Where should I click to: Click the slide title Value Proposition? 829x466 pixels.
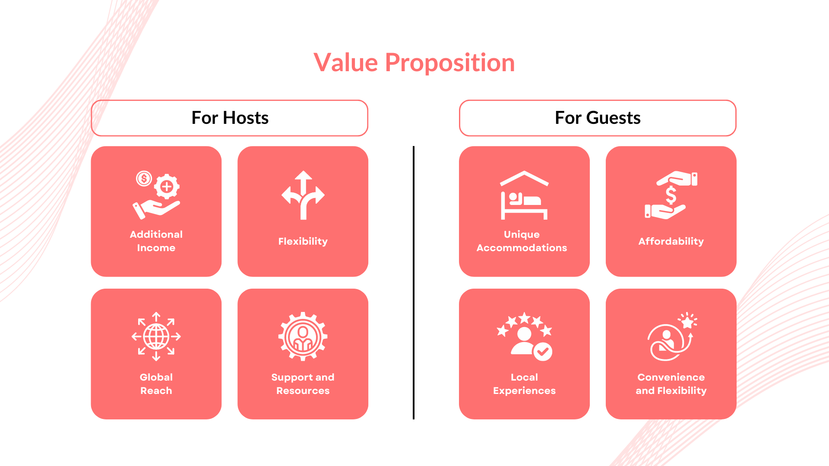click(414, 63)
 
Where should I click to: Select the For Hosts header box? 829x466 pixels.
click(230, 118)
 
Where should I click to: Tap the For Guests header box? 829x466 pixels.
click(598, 118)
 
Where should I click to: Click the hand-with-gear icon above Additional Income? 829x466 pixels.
click(156, 195)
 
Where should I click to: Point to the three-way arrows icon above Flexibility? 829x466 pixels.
click(303, 195)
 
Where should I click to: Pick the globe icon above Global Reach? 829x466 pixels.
click(156, 337)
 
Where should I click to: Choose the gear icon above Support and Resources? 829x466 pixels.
click(303, 337)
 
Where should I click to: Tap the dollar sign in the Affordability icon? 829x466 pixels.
click(671, 195)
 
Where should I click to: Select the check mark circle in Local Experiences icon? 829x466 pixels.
click(543, 352)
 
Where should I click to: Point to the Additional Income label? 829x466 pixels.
click(156, 241)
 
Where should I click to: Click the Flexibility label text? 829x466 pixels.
click(303, 241)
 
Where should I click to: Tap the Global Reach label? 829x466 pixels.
click(156, 384)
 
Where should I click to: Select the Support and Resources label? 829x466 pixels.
click(303, 384)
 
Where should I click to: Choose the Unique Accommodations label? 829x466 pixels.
click(522, 241)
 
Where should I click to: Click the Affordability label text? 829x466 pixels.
click(671, 241)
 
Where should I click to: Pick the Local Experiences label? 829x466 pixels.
click(524, 384)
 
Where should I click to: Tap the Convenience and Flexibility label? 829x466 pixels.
click(671, 384)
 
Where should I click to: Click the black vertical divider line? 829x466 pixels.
click(414, 283)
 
